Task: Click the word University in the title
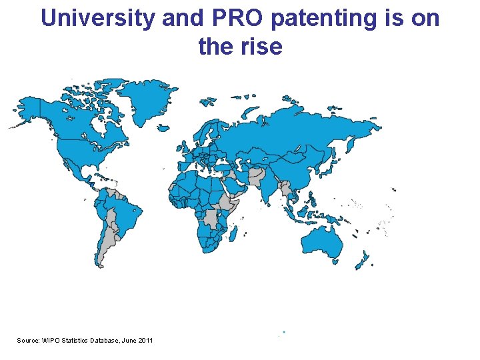[x=99, y=19]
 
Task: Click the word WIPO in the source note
[x=51, y=341]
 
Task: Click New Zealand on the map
[x=363, y=261]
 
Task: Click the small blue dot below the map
[x=283, y=331]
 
